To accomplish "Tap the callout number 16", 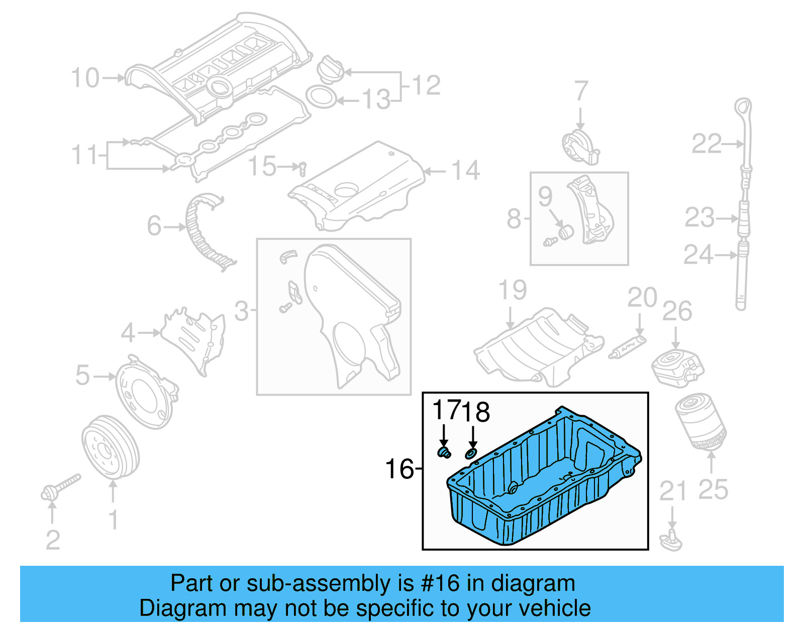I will click(399, 469).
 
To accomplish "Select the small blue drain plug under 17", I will click(443, 453).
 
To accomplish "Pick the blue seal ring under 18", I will click(470, 454).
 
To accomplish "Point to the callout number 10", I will click(85, 78).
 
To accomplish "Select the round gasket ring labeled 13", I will click(321, 97).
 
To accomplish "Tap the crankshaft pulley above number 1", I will click(110, 447).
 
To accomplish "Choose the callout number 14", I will click(465, 171).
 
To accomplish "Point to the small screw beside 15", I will click(303, 168).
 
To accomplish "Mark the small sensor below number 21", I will click(672, 541).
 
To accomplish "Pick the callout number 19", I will click(512, 290).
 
